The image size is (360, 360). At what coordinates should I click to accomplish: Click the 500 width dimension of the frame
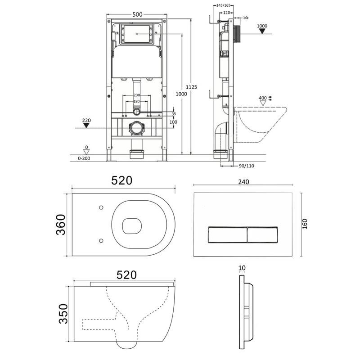click(137, 14)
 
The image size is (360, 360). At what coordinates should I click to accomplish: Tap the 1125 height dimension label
click(191, 87)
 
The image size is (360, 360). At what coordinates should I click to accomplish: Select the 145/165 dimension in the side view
click(223, 5)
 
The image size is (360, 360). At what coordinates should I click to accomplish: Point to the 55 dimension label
click(246, 18)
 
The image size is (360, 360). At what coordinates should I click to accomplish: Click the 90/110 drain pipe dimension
click(246, 166)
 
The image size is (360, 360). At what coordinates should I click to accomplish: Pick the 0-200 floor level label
click(84, 158)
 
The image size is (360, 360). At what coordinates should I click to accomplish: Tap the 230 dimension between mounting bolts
click(137, 95)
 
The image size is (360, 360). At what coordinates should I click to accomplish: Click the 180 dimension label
click(136, 101)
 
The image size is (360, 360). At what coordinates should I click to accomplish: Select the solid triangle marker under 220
click(86, 126)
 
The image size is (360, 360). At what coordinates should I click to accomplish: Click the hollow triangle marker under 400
click(263, 103)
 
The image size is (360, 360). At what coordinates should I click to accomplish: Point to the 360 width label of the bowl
click(61, 225)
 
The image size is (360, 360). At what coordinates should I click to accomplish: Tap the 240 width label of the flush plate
click(243, 182)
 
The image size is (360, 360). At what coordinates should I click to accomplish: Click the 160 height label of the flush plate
click(305, 224)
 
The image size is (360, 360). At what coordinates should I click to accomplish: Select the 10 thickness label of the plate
click(242, 268)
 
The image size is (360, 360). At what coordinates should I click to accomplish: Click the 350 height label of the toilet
click(63, 314)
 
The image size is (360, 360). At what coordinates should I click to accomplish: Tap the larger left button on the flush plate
click(228, 234)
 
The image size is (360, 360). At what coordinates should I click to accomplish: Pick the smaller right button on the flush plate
click(263, 234)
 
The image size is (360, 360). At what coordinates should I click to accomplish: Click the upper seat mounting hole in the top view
click(101, 207)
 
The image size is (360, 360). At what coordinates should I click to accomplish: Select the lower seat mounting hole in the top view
click(101, 241)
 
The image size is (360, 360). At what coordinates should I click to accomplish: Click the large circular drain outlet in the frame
click(137, 128)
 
